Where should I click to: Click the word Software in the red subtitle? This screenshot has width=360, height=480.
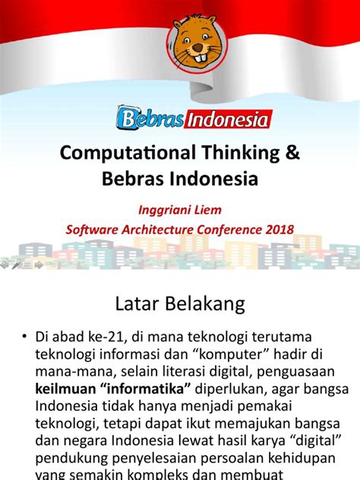pos(94,228)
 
